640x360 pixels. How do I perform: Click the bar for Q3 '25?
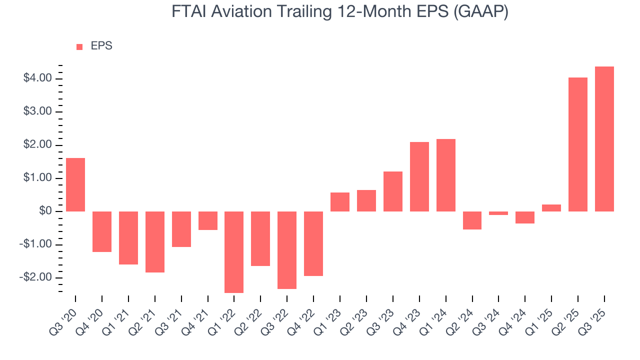click(x=604, y=139)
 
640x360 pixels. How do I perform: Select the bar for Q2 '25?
click(x=578, y=144)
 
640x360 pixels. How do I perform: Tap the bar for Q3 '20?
click(x=75, y=184)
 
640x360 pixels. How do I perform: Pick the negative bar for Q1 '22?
click(x=234, y=252)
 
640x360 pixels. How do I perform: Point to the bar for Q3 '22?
click(x=287, y=250)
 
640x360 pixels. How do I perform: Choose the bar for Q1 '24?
click(x=445, y=175)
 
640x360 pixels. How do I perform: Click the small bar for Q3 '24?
click(x=498, y=213)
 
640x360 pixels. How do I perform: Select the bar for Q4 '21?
click(x=207, y=220)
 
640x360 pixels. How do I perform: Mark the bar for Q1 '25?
click(x=551, y=208)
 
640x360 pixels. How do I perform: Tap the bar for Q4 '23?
click(x=419, y=176)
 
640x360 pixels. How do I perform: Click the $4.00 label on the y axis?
click(x=37, y=78)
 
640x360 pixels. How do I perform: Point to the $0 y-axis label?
click(x=44, y=211)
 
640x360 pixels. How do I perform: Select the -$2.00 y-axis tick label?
click(x=36, y=277)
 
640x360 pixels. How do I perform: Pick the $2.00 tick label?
click(x=37, y=145)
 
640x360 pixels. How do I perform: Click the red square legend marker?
click(x=79, y=47)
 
